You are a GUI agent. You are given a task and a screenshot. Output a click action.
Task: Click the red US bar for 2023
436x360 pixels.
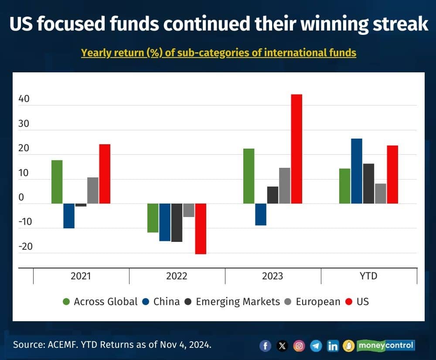coord(296,149)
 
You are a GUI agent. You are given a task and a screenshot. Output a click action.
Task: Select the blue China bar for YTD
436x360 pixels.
coord(357,171)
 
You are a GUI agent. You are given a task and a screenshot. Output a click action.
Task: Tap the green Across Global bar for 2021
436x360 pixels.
coord(57,182)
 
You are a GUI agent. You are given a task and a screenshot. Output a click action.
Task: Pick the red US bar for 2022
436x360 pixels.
coord(201,228)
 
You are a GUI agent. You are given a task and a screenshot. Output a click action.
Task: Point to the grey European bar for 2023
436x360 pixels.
coord(285,186)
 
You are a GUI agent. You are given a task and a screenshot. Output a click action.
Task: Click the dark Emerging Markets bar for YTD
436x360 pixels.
coord(368,183)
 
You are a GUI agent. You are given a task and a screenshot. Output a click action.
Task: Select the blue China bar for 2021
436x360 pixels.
coord(69,216)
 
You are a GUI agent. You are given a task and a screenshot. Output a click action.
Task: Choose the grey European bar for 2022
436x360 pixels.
coord(189,210)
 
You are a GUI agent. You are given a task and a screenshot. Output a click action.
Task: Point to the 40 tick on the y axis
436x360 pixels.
coord(24,99)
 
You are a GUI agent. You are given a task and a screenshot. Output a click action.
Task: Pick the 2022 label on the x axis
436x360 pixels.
coord(177,276)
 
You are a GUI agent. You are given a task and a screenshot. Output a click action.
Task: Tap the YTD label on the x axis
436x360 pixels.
coord(369,276)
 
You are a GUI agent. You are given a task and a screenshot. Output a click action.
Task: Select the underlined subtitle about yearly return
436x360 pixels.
coord(218,53)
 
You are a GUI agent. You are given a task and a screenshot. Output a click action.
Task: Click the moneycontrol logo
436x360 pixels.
coord(385,346)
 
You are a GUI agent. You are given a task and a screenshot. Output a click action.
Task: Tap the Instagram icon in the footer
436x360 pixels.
coord(299,346)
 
